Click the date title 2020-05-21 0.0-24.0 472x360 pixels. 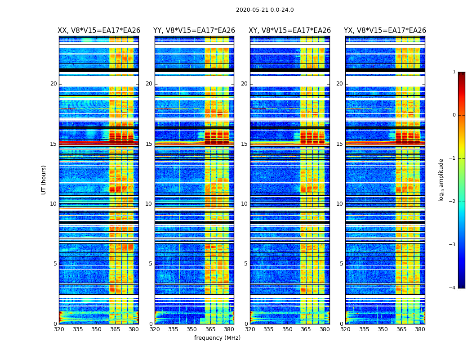coord(265,10)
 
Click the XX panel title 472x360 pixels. coord(99,31)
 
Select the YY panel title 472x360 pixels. coord(194,31)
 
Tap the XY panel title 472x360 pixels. coord(290,31)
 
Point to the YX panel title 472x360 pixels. coord(385,31)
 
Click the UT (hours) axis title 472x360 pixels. coord(44,180)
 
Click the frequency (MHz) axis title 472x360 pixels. coord(217,338)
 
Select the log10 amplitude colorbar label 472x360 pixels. coord(441,180)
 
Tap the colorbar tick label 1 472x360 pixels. coord(454,72)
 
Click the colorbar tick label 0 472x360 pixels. coord(454,115)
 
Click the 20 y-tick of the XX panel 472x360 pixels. coord(53,84)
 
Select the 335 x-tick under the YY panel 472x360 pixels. coord(173,329)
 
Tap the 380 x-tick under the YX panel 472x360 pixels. coord(420,329)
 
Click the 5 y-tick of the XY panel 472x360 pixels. coord(246,264)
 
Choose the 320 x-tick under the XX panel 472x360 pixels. coord(59,329)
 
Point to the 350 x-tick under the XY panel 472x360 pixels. coord(287,329)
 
